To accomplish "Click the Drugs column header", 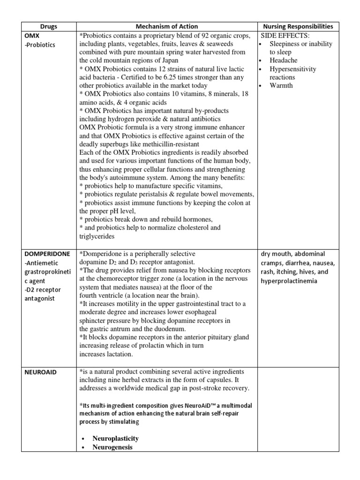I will tap(48, 27).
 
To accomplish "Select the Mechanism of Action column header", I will tap(167, 27).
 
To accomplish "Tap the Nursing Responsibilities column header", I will tap(305, 27).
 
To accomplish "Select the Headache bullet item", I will tap(284, 60).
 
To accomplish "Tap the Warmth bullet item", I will tap(281, 86).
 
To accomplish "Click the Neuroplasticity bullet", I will tap(115, 438).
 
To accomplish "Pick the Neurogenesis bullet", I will tap(112, 447).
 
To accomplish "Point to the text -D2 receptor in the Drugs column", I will tap(43, 290).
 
